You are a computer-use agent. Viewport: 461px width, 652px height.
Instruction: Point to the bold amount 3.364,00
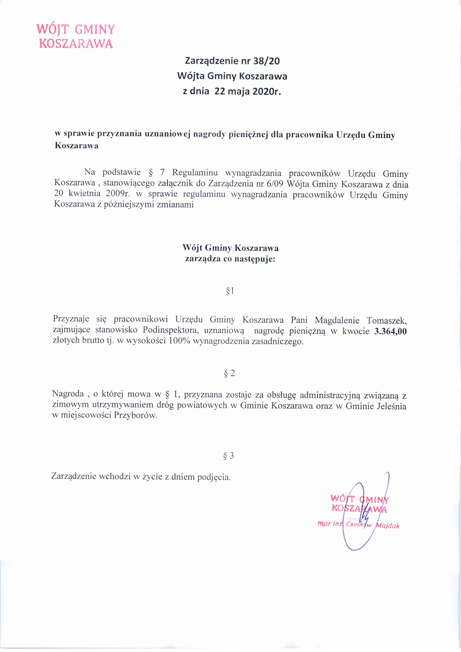click(x=390, y=331)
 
